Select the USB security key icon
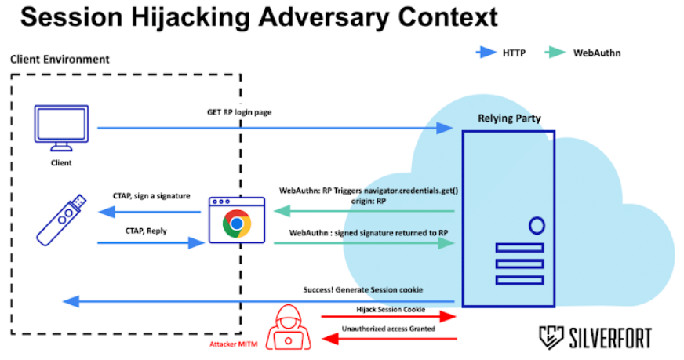pos(61,220)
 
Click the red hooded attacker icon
pos(289,329)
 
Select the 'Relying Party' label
pos(509,118)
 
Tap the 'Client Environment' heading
pos(60,60)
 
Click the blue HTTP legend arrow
pos(486,53)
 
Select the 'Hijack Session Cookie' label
pos(390,309)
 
